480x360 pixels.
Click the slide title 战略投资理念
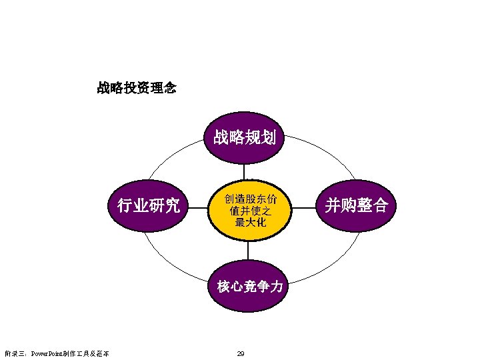click(137, 87)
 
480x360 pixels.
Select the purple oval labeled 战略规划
click(245, 138)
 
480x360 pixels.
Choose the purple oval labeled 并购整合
click(356, 205)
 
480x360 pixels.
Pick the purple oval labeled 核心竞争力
click(249, 287)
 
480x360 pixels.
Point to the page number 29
click(241, 353)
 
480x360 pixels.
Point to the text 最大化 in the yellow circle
click(250, 222)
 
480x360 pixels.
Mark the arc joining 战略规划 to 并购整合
click(320, 151)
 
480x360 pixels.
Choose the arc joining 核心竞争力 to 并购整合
click(327, 263)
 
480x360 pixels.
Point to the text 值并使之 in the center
click(250, 211)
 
